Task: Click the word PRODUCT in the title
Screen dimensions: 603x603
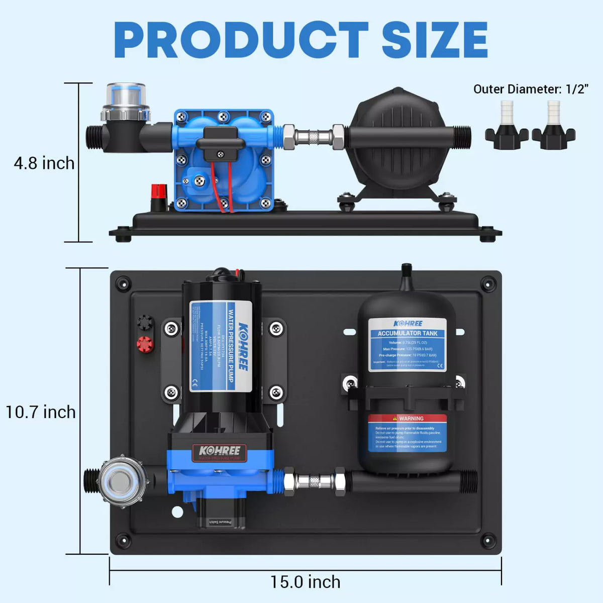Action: point(241,40)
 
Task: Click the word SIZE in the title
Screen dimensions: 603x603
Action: point(435,40)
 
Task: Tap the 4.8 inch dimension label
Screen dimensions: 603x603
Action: point(44,163)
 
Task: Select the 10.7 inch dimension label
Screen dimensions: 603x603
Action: point(41,412)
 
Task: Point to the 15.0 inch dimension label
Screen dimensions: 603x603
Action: point(306,582)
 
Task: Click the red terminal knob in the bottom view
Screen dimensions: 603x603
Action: point(145,344)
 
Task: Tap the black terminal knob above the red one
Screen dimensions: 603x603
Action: point(145,322)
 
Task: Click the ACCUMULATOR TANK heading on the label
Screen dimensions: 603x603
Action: point(408,333)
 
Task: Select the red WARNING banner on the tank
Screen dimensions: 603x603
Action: point(408,418)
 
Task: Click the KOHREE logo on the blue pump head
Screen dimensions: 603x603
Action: point(220,451)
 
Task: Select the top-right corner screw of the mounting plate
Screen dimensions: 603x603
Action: point(487,284)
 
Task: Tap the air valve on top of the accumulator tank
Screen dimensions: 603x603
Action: point(407,274)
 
